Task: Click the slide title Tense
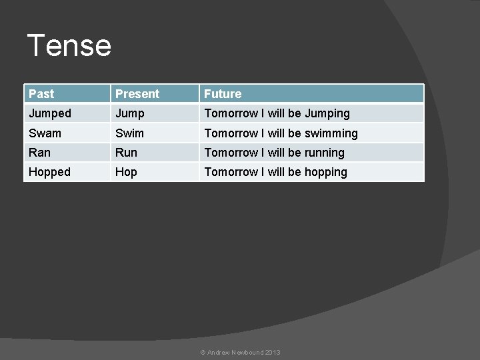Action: click(x=69, y=45)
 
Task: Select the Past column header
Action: click(x=41, y=94)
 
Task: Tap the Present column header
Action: click(x=137, y=94)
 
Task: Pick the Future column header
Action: click(x=223, y=94)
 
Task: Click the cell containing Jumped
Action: click(x=50, y=113)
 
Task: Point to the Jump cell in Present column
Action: click(x=130, y=113)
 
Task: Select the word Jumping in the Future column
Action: click(x=327, y=113)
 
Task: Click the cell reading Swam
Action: click(x=45, y=133)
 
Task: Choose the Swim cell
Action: click(x=129, y=133)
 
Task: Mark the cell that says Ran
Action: click(x=39, y=153)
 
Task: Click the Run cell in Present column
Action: click(x=126, y=153)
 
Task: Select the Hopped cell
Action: click(x=49, y=172)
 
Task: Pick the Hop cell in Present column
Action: click(x=126, y=172)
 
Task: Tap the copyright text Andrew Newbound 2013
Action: click(x=240, y=352)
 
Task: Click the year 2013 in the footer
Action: click(x=273, y=352)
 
